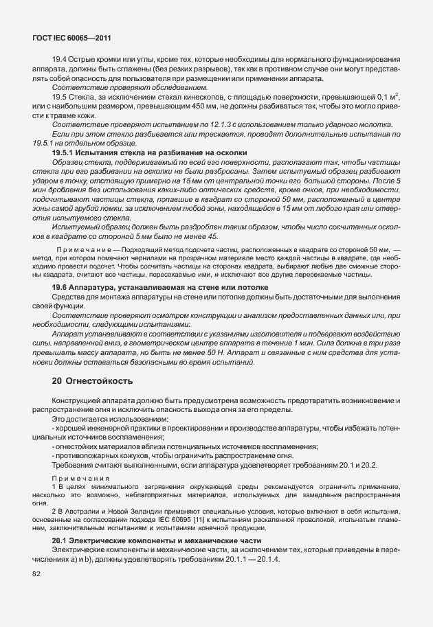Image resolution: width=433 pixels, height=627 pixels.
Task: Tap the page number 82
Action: tap(36, 574)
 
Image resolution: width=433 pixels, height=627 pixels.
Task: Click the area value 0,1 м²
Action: tap(388, 98)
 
